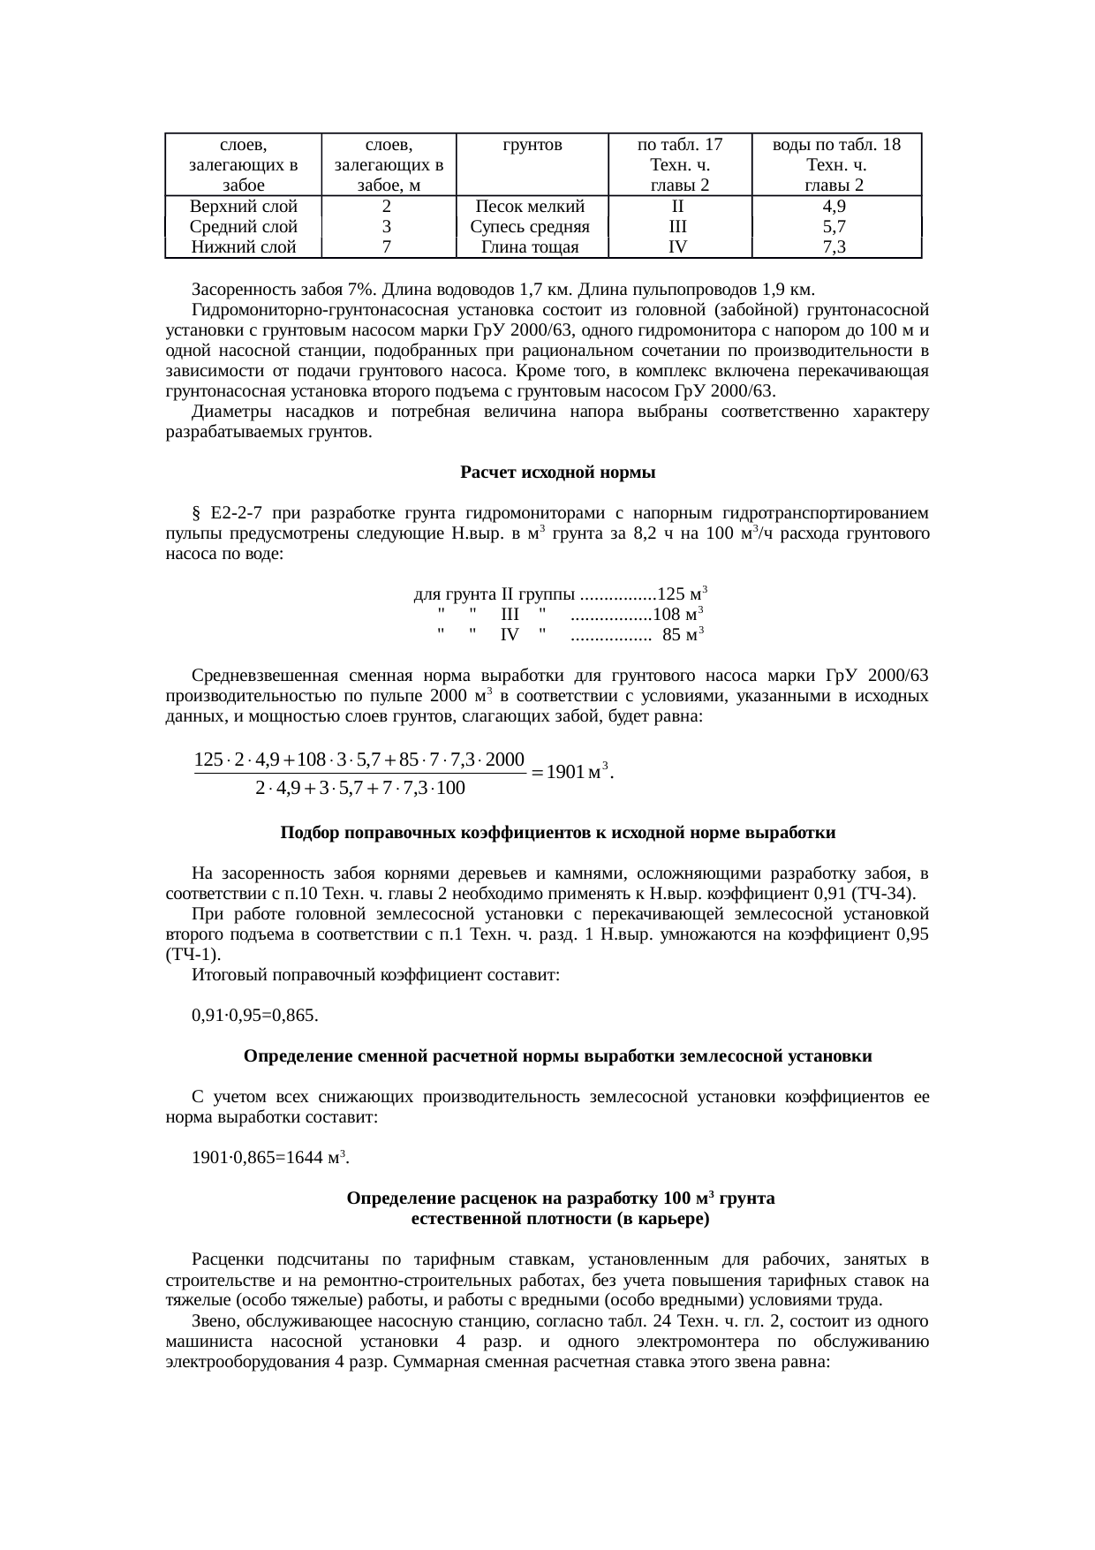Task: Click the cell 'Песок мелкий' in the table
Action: tap(530, 207)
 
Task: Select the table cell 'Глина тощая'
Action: tap(530, 247)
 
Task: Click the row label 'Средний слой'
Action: tap(243, 227)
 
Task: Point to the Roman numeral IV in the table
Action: tap(678, 247)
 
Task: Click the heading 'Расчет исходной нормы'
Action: tap(557, 473)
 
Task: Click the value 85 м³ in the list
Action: tap(683, 634)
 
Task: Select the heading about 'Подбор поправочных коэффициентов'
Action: tap(557, 833)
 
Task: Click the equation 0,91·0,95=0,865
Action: tap(255, 1016)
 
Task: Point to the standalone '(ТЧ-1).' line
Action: tap(193, 955)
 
